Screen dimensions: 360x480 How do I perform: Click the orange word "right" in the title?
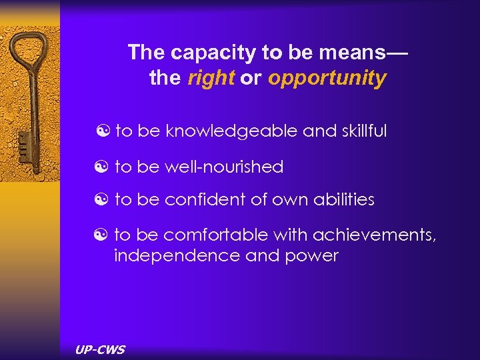click(x=211, y=78)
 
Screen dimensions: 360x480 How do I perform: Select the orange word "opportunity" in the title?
click(x=327, y=79)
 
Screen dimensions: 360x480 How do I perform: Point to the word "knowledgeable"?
click(x=232, y=131)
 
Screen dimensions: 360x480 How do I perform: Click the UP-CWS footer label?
click(x=100, y=349)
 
